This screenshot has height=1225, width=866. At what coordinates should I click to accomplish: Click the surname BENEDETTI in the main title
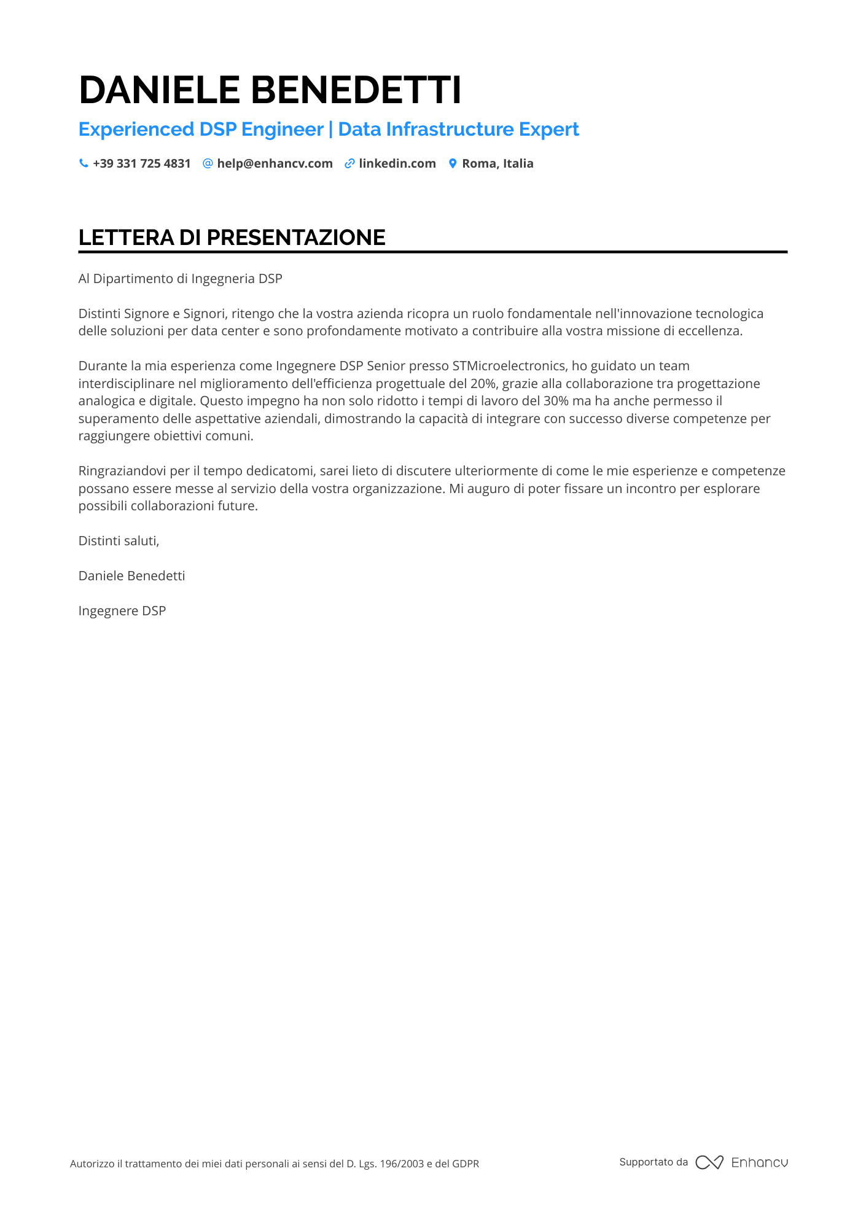[x=356, y=90]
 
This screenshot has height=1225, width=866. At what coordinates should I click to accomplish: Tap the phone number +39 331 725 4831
[x=142, y=163]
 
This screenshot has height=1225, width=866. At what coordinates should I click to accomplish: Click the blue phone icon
[x=84, y=163]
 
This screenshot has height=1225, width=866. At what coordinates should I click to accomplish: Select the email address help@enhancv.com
[x=275, y=163]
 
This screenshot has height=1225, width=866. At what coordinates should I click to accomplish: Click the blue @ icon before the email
[x=208, y=163]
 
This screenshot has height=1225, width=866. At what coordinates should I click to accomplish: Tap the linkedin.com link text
[x=397, y=163]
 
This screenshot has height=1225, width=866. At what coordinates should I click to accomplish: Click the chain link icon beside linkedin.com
[x=349, y=163]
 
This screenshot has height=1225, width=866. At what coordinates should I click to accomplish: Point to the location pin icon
[x=453, y=163]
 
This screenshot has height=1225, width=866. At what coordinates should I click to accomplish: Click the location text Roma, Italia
[x=497, y=163]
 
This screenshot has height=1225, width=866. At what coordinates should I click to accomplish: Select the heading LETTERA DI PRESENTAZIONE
[x=232, y=238]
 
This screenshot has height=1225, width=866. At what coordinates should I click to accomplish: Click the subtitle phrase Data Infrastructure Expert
[x=458, y=129]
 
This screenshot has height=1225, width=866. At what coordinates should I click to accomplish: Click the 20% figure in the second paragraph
[x=483, y=384]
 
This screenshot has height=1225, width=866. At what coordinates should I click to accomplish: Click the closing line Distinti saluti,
[x=119, y=541]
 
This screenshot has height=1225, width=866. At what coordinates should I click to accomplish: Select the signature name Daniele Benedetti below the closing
[x=132, y=576]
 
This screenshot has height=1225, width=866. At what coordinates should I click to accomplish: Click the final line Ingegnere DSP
[x=122, y=611]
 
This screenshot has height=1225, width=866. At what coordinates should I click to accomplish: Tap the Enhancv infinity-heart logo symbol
[x=709, y=1162]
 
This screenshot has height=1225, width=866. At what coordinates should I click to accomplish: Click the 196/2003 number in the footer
[x=402, y=1164]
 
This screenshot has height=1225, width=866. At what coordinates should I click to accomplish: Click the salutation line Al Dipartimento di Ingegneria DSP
[x=181, y=279]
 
